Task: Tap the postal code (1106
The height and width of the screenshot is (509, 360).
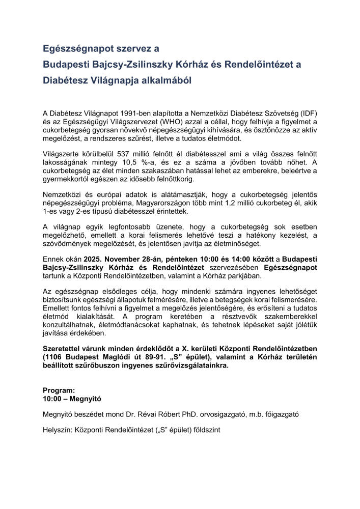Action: click(54, 357)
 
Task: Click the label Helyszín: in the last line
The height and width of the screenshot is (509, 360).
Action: click(58, 430)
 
